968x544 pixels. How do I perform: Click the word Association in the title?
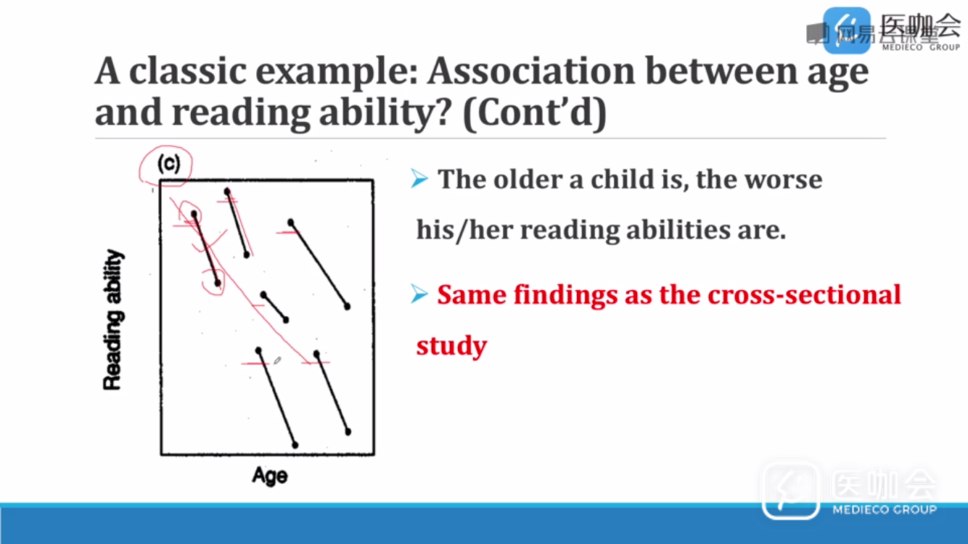[531, 71]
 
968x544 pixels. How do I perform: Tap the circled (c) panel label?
[168, 164]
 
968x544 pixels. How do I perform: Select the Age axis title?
[270, 476]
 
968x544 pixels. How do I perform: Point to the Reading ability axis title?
[113, 320]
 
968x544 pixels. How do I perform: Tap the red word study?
[451, 346]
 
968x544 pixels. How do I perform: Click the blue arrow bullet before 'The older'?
[419, 179]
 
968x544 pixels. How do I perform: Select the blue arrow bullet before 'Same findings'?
[419, 294]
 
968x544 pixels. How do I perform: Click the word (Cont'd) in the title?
[535, 113]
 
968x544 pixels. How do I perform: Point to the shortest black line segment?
[274, 308]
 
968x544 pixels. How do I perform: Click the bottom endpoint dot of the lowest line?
[295, 445]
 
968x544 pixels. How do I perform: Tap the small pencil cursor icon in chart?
[277, 360]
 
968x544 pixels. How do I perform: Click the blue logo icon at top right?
[847, 30]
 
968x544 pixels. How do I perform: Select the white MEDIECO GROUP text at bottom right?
[884, 510]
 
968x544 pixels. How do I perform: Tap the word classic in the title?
[187, 71]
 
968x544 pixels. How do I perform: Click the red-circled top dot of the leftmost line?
[194, 214]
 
